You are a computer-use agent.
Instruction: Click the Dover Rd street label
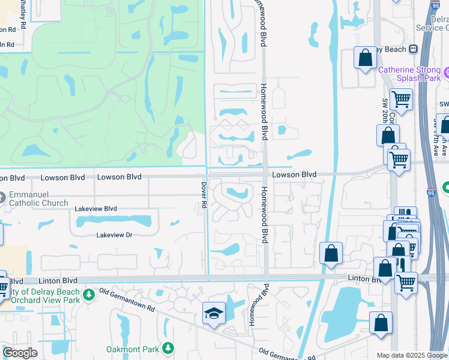click(x=204, y=196)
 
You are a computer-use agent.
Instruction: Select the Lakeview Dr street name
click(x=114, y=235)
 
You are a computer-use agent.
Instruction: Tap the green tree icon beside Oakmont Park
click(x=169, y=348)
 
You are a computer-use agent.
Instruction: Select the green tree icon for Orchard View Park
click(x=89, y=295)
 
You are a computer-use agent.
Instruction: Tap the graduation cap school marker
click(x=214, y=314)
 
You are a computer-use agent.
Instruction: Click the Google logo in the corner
click(x=20, y=353)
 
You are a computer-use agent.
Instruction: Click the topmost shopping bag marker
click(x=365, y=58)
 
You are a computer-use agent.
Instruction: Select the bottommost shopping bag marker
click(x=381, y=323)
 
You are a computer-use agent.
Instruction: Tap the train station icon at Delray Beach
click(x=413, y=49)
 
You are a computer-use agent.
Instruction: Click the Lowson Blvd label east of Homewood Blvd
click(x=294, y=175)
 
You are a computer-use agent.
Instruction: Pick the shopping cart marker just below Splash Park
click(x=401, y=99)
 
